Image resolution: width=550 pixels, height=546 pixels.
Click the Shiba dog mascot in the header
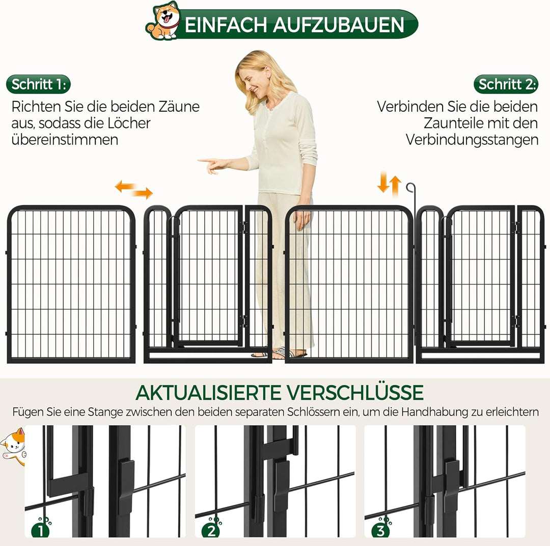[x=162, y=21]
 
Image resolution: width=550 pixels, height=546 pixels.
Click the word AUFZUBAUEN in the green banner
[x=339, y=25]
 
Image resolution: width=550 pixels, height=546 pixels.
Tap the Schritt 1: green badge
[x=39, y=84]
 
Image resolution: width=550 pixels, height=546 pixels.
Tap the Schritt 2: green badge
[x=506, y=84]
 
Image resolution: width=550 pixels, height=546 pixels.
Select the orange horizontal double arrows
[x=134, y=190]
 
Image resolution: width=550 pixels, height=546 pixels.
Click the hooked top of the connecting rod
[x=410, y=188]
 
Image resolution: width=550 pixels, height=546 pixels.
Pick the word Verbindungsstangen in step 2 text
[x=472, y=140]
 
